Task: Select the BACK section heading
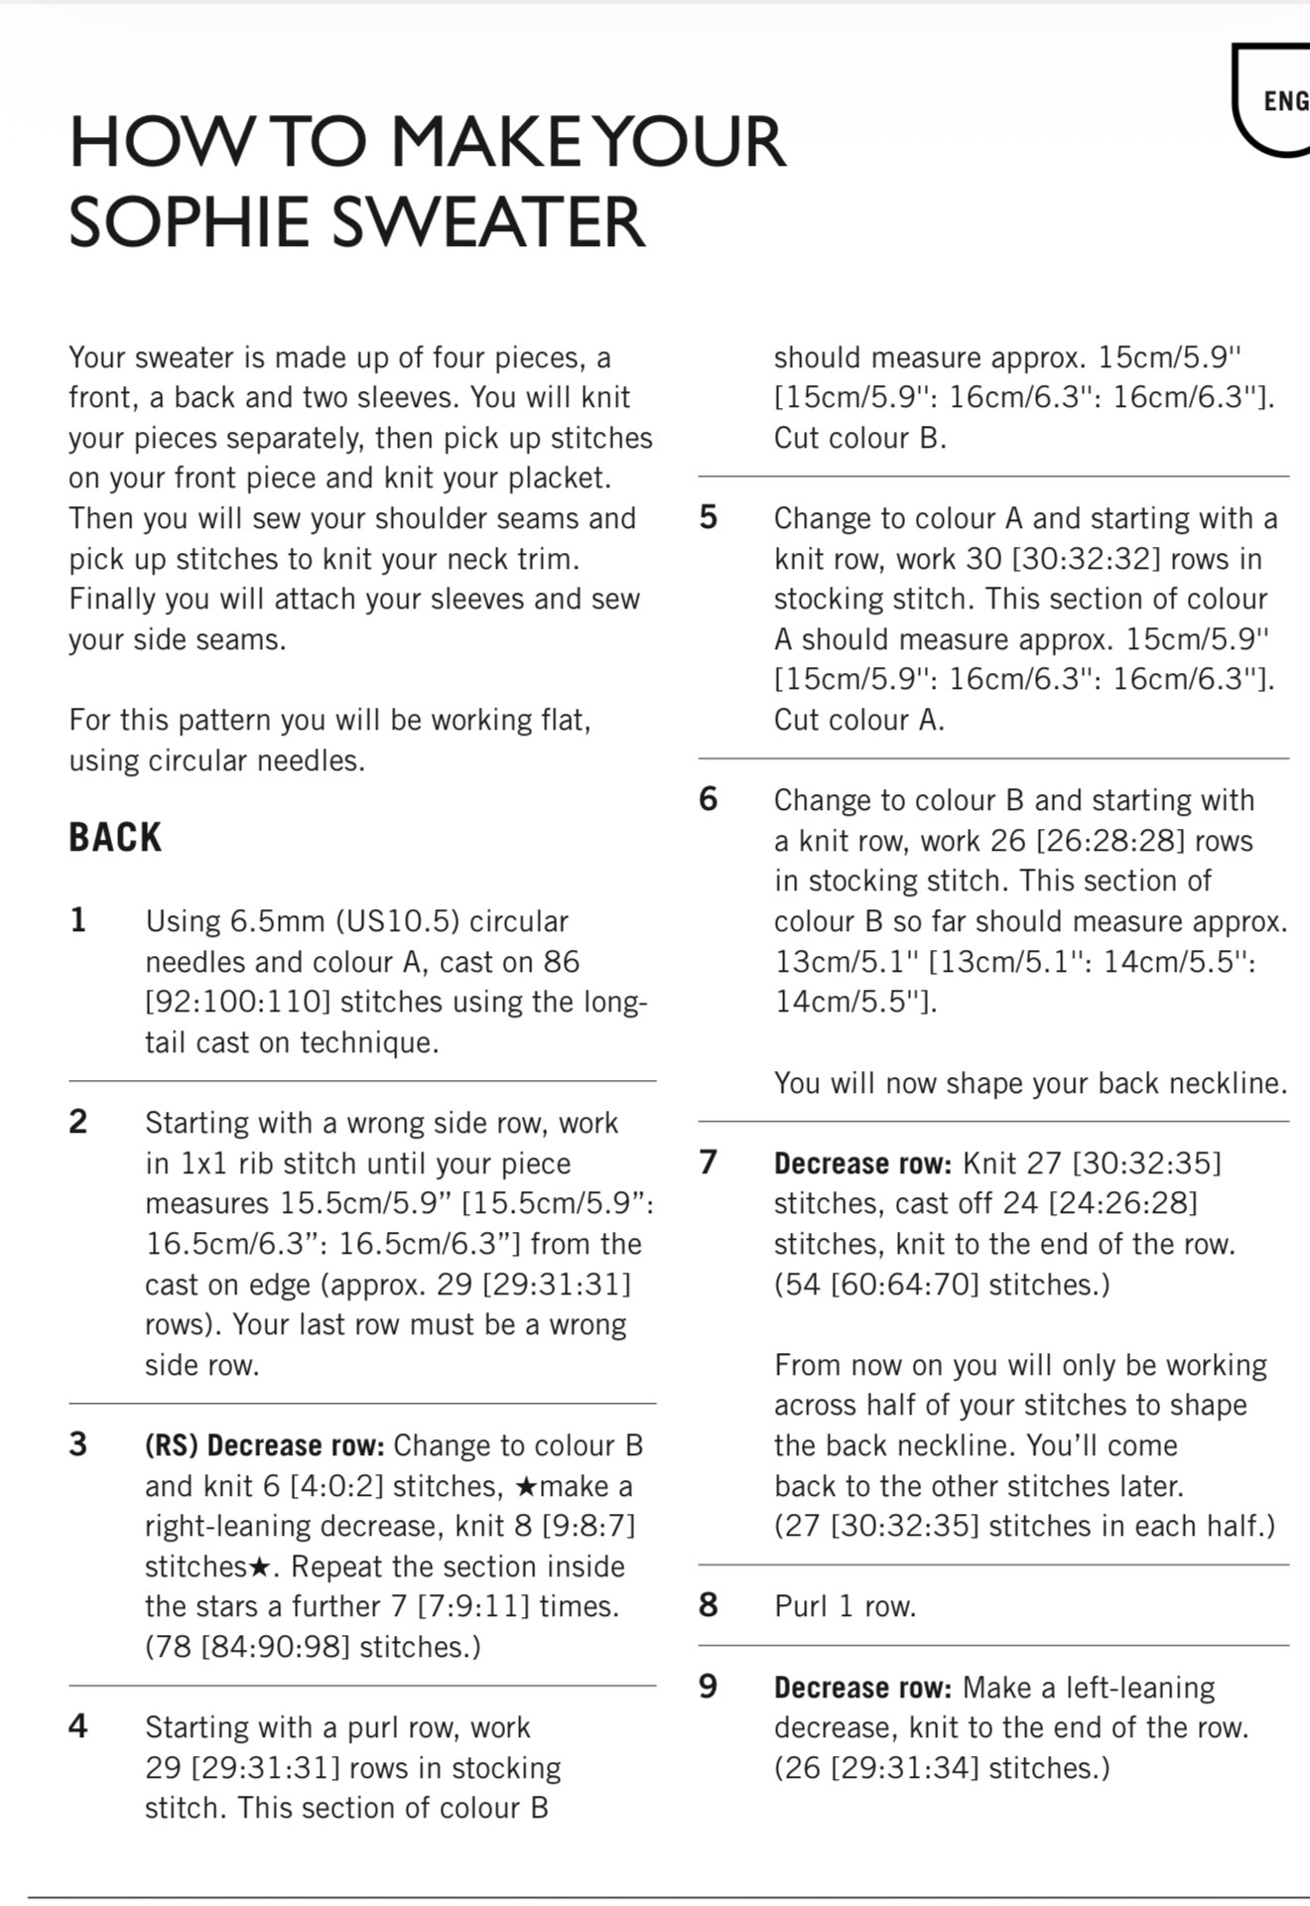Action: tap(115, 838)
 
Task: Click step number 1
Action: tap(78, 921)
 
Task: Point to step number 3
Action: tap(78, 1444)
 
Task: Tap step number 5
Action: tap(708, 518)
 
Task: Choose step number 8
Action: tap(708, 1605)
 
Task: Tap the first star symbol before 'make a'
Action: tap(527, 1486)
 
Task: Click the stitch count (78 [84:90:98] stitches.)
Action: tap(313, 1647)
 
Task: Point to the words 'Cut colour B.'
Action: tap(859, 439)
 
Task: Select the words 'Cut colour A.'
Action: tap(859, 720)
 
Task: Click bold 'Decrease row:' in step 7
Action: tap(862, 1163)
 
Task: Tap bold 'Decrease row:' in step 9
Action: tap(862, 1688)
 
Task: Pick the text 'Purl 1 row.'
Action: tap(845, 1606)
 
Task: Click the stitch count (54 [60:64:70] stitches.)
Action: tap(942, 1285)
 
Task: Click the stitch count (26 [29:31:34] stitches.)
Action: tap(942, 1768)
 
